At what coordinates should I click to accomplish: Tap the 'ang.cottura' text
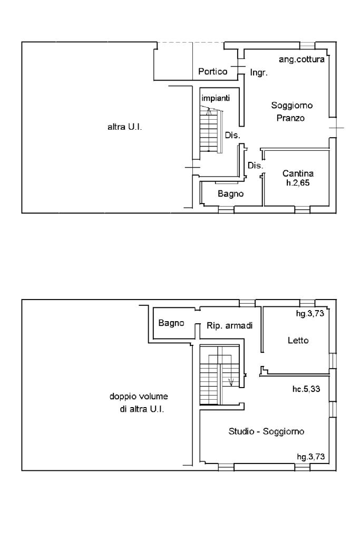[301, 60]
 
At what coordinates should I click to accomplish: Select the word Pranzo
[290, 119]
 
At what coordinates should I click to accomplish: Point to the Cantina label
[298, 173]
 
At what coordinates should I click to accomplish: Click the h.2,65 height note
[298, 182]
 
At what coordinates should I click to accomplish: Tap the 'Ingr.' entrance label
[258, 73]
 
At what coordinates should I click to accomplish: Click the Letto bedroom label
[298, 341]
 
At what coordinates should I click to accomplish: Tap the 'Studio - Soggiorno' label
[266, 431]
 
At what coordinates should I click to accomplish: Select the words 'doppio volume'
[138, 397]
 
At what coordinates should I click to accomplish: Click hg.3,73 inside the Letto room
[310, 314]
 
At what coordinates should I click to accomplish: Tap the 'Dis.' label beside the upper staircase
[232, 136]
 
